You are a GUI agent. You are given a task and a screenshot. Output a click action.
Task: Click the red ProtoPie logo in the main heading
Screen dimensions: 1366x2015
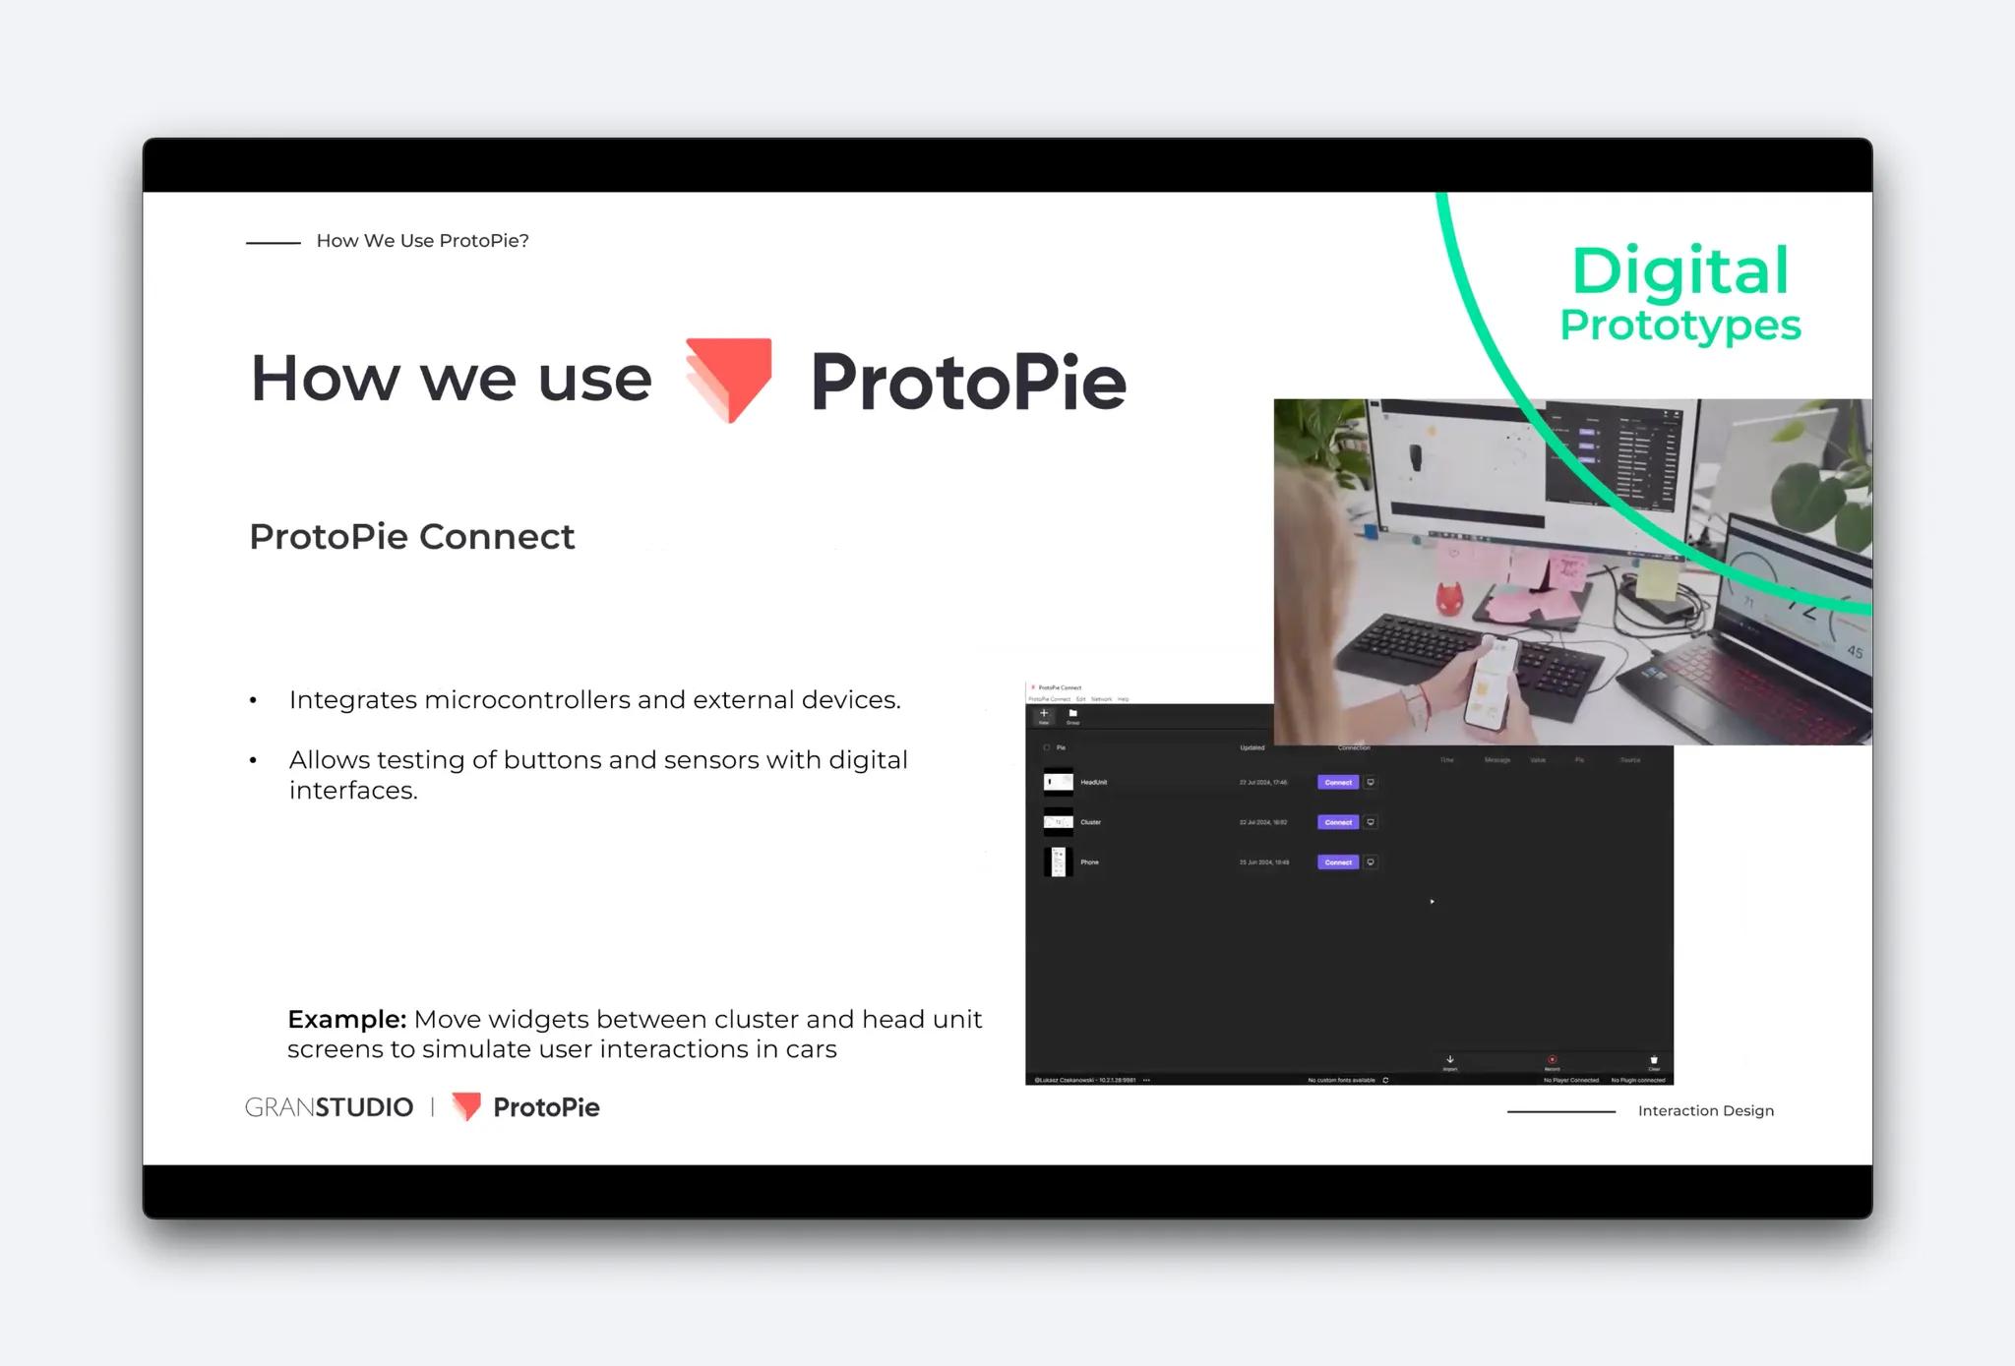(729, 379)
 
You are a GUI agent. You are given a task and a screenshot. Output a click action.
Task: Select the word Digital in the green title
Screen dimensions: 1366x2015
(1679, 271)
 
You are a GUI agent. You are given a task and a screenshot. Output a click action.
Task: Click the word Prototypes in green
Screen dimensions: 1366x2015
(1679, 326)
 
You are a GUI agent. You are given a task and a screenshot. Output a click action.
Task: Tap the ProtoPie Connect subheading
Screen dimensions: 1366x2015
(411, 537)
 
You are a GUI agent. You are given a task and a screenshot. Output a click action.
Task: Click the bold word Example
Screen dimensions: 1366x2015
(346, 1019)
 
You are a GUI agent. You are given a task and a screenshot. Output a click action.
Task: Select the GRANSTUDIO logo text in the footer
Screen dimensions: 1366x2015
(329, 1107)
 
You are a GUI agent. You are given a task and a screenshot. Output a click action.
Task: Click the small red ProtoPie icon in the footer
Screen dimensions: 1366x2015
(466, 1106)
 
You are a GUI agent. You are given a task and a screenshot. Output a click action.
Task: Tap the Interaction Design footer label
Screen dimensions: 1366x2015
(1705, 1111)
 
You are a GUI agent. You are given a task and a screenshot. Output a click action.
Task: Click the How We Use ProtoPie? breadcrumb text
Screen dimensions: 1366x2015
(422, 241)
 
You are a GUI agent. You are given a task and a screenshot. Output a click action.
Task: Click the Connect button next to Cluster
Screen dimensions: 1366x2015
(1337, 822)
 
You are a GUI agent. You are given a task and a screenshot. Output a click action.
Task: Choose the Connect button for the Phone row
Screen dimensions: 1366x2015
(1337, 862)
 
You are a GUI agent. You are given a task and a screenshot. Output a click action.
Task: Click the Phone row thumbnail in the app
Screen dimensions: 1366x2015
(1058, 862)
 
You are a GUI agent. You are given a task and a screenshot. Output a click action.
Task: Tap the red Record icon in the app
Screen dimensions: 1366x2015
(1552, 1060)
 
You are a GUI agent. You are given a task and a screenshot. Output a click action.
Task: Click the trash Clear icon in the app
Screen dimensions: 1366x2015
(1654, 1060)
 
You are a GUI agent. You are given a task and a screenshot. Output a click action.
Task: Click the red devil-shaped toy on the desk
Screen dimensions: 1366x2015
(1446, 599)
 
